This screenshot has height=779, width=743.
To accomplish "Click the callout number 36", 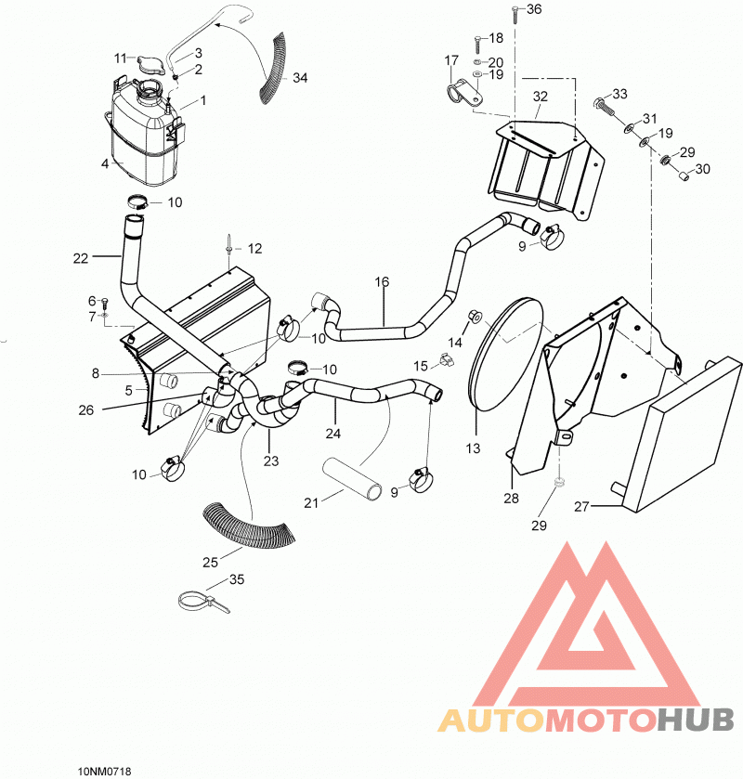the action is (534, 9).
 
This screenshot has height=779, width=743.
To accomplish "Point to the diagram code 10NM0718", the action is (104, 771).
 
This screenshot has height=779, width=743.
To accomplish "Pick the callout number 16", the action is (382, 282).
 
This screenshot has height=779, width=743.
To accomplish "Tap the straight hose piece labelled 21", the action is (351, 478).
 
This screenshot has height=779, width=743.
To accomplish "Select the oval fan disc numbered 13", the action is (506, 355).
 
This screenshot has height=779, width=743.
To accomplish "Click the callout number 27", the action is (581, 507).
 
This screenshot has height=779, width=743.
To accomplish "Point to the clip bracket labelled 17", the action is (463, 93).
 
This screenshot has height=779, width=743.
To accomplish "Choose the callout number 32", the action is (541, 97).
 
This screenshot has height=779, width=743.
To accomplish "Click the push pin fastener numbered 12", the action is (228, 244).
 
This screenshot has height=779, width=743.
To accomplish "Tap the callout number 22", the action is (81, 258).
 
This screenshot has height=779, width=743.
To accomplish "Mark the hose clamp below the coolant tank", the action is (137, 202).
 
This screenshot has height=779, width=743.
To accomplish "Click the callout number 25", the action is (210, 563).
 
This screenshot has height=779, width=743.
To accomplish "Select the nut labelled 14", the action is (473, 315).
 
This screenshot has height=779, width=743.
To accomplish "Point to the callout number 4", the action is (105, 163).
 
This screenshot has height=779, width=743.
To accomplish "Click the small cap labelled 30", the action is (684, 175).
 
